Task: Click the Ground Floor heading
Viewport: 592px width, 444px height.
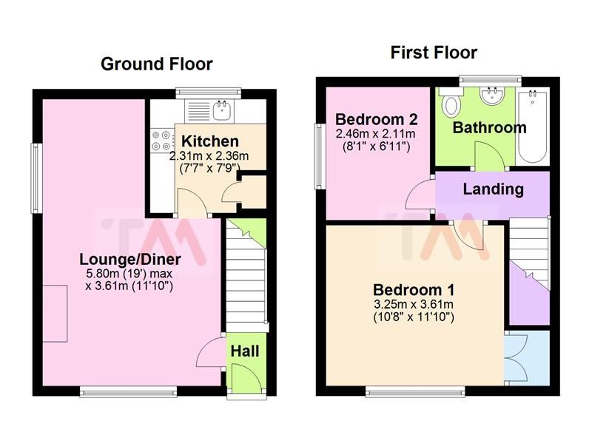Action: pos(156,64)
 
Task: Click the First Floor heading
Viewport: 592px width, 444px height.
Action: pos(434,53)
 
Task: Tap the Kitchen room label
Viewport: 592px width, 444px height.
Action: pos(210,141)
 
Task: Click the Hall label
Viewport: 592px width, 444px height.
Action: pos(245,350)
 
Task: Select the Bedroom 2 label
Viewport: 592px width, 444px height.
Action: pos(377,119)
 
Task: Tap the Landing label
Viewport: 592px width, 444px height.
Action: pos(493,189)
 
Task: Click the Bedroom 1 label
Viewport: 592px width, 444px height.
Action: pos(414,289)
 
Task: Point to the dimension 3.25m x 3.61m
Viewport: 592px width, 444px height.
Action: pos(414,304)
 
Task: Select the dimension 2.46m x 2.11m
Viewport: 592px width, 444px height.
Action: pos(375,134)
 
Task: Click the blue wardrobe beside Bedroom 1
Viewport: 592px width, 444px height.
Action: pos(528,357)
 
